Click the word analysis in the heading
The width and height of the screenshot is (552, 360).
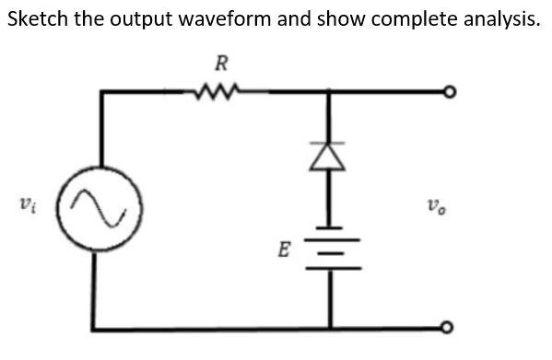pos(497,19)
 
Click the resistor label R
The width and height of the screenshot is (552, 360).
pos(221,63)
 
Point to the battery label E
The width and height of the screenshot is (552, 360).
pos(285,248)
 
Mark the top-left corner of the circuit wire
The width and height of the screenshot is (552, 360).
pos(100,92)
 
